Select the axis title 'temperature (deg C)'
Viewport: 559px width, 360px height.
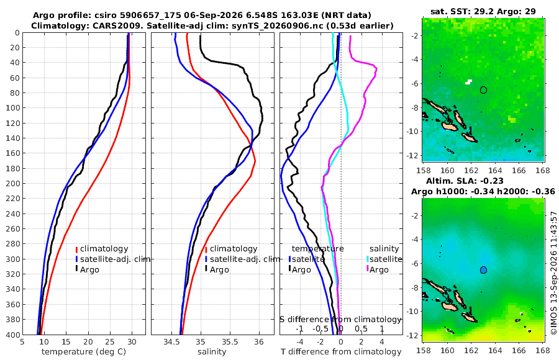(84, 352)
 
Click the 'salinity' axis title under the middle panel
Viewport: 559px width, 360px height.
(212, 352)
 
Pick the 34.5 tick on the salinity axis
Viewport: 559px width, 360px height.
(171, 342)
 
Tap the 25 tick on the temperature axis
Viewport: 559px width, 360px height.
(110, 342)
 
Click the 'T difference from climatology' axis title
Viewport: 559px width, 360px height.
(341, 352)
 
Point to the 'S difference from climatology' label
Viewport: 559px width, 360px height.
(340, 320)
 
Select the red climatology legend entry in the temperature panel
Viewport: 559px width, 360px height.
(102, 249)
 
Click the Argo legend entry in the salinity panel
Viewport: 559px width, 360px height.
(217, 269)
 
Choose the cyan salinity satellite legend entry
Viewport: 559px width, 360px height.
(384, 259)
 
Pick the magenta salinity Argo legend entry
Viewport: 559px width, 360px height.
(378, 269)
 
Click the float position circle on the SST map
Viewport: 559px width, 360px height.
(483, 90)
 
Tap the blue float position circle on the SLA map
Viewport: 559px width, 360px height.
(483, 270)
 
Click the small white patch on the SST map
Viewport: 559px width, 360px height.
(468, 82)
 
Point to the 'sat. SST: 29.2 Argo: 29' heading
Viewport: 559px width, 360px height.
(483, 11)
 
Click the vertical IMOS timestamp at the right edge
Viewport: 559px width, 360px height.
(553, 272)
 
